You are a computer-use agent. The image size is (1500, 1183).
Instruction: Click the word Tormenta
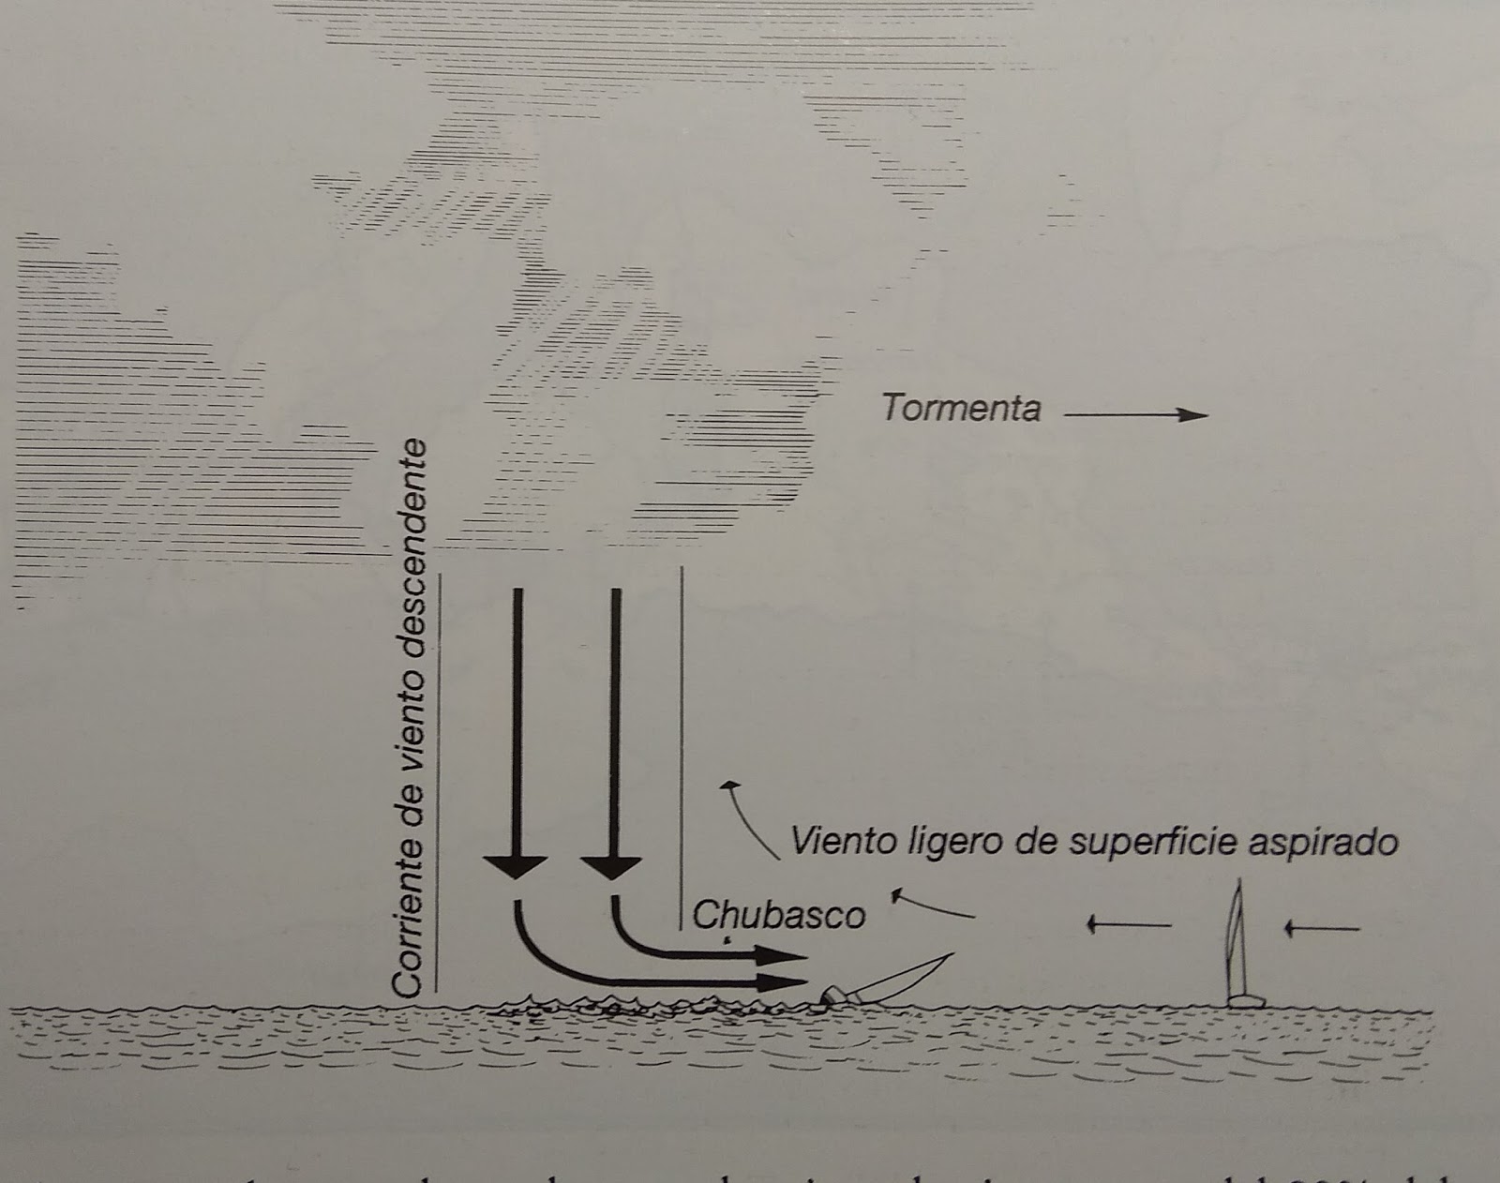(961, 410)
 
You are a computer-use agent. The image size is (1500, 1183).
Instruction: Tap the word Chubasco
(779, 914)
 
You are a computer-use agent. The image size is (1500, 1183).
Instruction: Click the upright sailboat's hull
(1245, 1001)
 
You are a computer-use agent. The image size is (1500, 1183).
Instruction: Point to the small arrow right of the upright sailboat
(1322, 929)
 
